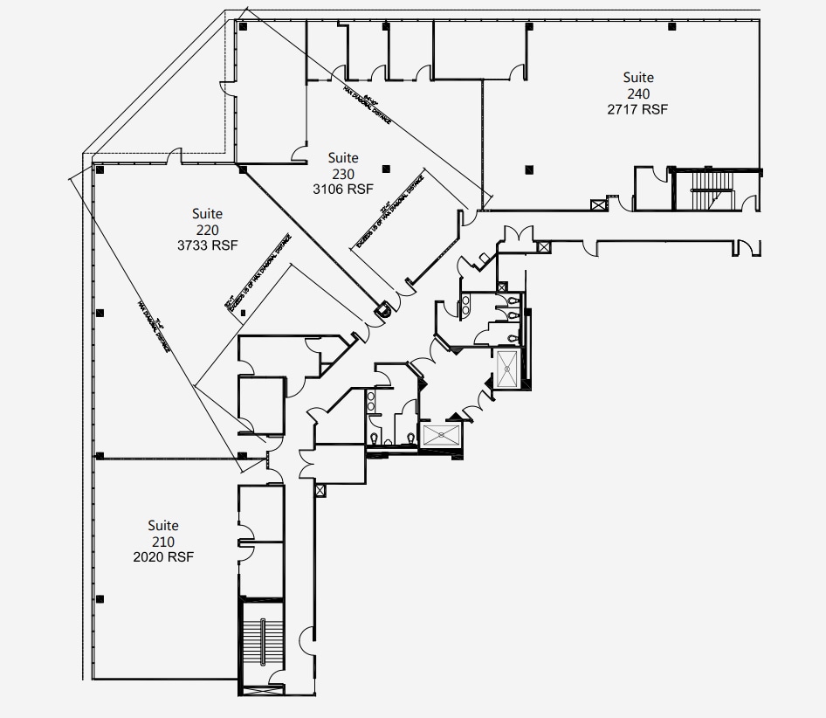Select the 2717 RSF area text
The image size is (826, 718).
coord(638,109)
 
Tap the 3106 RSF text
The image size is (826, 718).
coord(343,188)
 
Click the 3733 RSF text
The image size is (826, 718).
coord(208,245)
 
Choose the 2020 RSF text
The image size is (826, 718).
coord(163,556)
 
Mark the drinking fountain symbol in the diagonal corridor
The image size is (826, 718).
coord(382,307)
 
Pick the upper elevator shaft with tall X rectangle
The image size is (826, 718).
coord(507,368)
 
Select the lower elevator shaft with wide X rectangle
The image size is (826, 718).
coord(440,435)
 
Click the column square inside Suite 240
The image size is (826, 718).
coord(528,169)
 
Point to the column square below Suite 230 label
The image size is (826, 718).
coord(385,169)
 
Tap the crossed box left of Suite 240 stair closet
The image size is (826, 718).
coord(598,205)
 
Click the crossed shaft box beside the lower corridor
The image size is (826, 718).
coord(320,491)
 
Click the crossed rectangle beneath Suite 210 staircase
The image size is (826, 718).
coord(262,690)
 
